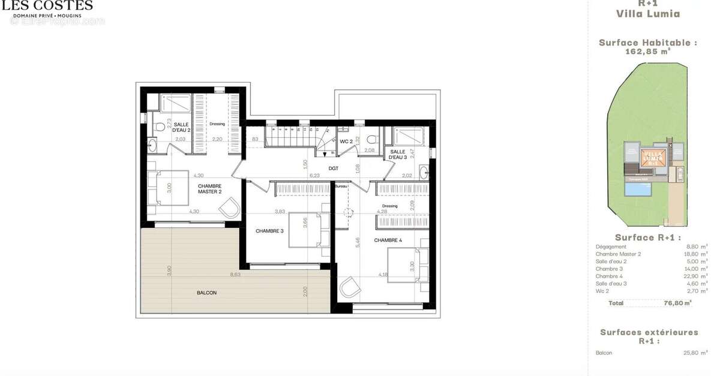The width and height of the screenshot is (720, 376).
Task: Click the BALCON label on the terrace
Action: [206, 293]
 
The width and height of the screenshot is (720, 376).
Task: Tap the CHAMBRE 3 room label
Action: [269, 231]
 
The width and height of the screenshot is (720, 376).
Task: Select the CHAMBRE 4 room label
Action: [388, 240]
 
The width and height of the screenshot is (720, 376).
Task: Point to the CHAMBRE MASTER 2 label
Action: [210, 189]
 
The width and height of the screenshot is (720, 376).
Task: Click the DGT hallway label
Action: [333, 169]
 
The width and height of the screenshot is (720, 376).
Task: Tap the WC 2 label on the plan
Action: [346, 142]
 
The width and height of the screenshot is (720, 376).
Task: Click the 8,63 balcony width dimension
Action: [235, 275]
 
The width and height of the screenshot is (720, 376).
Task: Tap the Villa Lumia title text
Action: [648, 14]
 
